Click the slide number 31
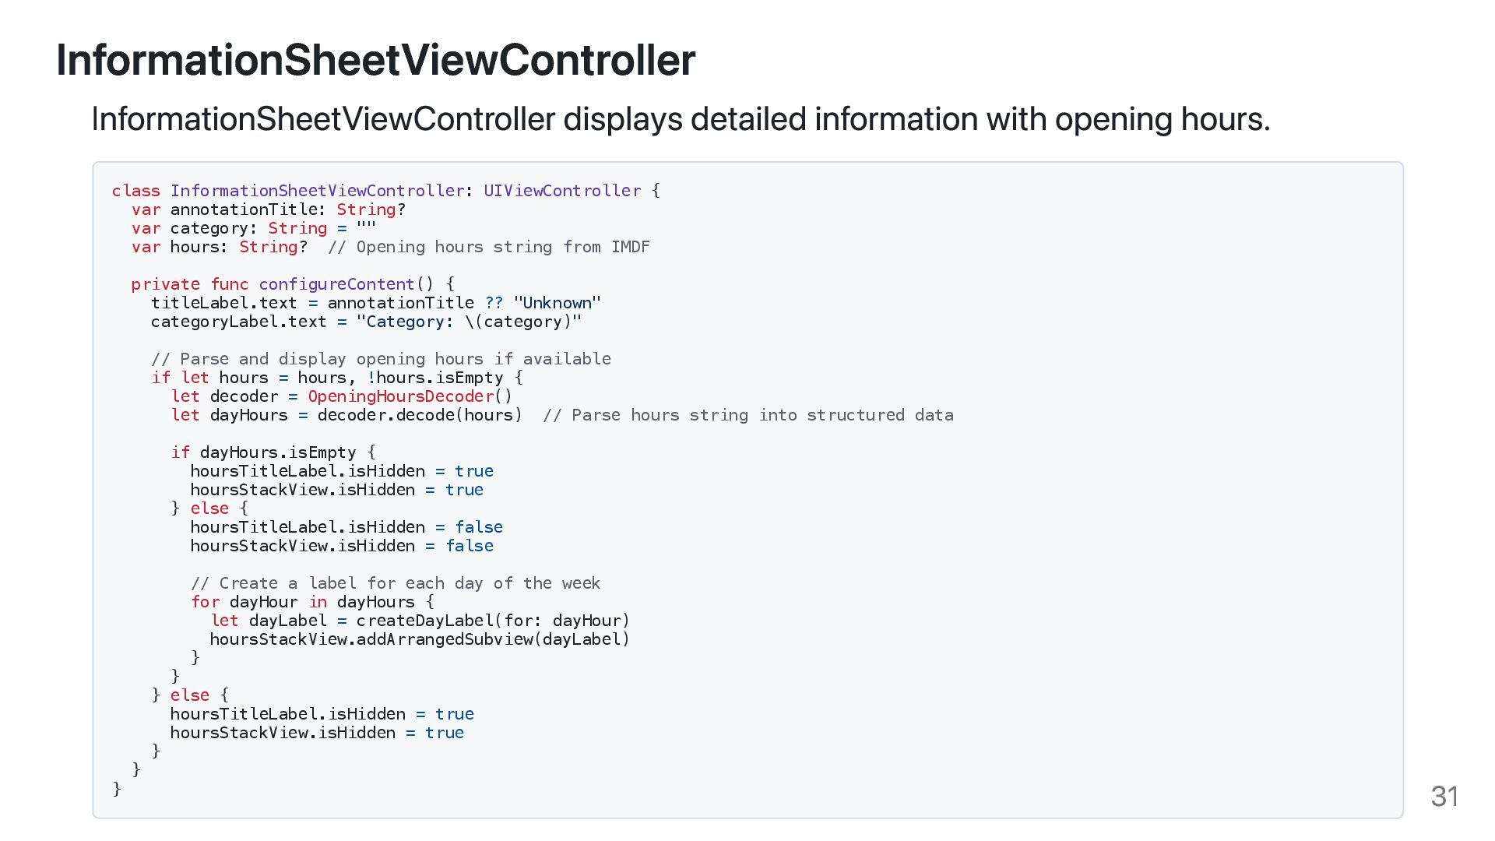[x=1444, y=797]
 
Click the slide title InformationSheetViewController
[x=375, y=60]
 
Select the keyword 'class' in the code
[x=135, y=191]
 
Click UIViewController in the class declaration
[x=562, y=191]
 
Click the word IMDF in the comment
[x=630, y=247]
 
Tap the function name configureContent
[x=336, y=284]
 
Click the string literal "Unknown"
[x=557, y=303]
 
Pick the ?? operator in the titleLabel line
[x=494, y=303]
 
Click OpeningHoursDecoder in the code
[x=400, y=396]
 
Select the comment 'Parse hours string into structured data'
[x=747, y=415]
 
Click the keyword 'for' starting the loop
[x=205, y=602]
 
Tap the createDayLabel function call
[x=424, y=621]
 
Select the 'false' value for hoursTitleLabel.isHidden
[x=479, y=527]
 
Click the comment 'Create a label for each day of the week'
[x=396, y=583]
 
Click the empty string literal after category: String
[x=366, y=228]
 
